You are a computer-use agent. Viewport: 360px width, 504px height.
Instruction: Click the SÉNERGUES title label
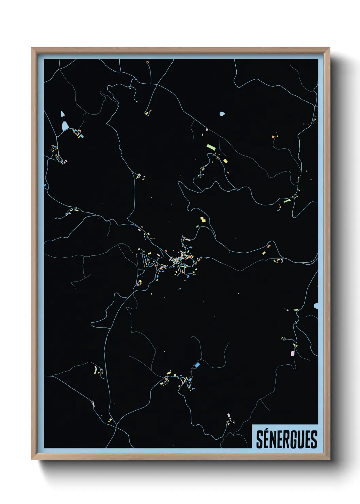click(286, 439)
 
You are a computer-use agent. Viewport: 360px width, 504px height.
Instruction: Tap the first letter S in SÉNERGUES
click(259, 440)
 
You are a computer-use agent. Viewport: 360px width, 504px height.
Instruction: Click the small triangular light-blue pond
click(63, 114)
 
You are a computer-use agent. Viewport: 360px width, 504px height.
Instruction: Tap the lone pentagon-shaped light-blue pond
click(222, 114)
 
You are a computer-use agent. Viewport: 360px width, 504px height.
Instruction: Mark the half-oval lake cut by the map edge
click(316, 306)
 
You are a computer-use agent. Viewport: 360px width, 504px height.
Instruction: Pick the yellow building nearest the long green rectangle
click(225, 161)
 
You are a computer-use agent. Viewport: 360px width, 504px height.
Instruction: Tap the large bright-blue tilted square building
click(197, 365)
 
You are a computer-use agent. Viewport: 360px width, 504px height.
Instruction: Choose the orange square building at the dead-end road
click(273, 137)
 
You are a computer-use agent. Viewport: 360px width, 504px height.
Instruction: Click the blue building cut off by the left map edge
click(45, 186)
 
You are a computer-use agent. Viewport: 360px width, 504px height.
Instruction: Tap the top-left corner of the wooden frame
click(32, 48)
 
